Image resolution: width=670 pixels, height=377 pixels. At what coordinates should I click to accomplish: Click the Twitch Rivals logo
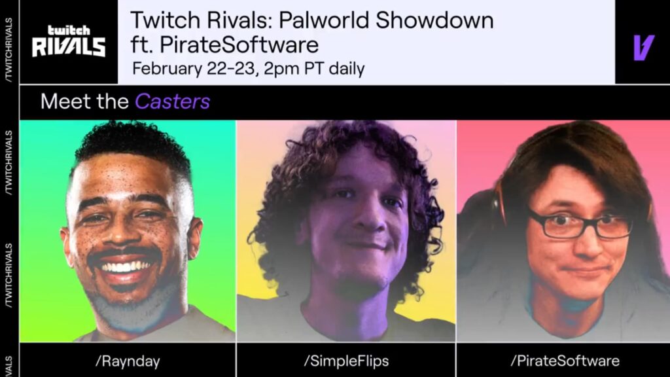coord(68,41)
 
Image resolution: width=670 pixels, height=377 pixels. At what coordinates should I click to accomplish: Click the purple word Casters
coord(172,101)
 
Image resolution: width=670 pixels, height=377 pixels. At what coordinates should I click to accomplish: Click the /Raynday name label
coord(128,360)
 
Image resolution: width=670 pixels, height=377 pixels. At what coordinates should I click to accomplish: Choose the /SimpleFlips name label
coord(345,360)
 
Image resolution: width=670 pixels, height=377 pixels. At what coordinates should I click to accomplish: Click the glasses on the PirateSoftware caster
coord(578,225)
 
